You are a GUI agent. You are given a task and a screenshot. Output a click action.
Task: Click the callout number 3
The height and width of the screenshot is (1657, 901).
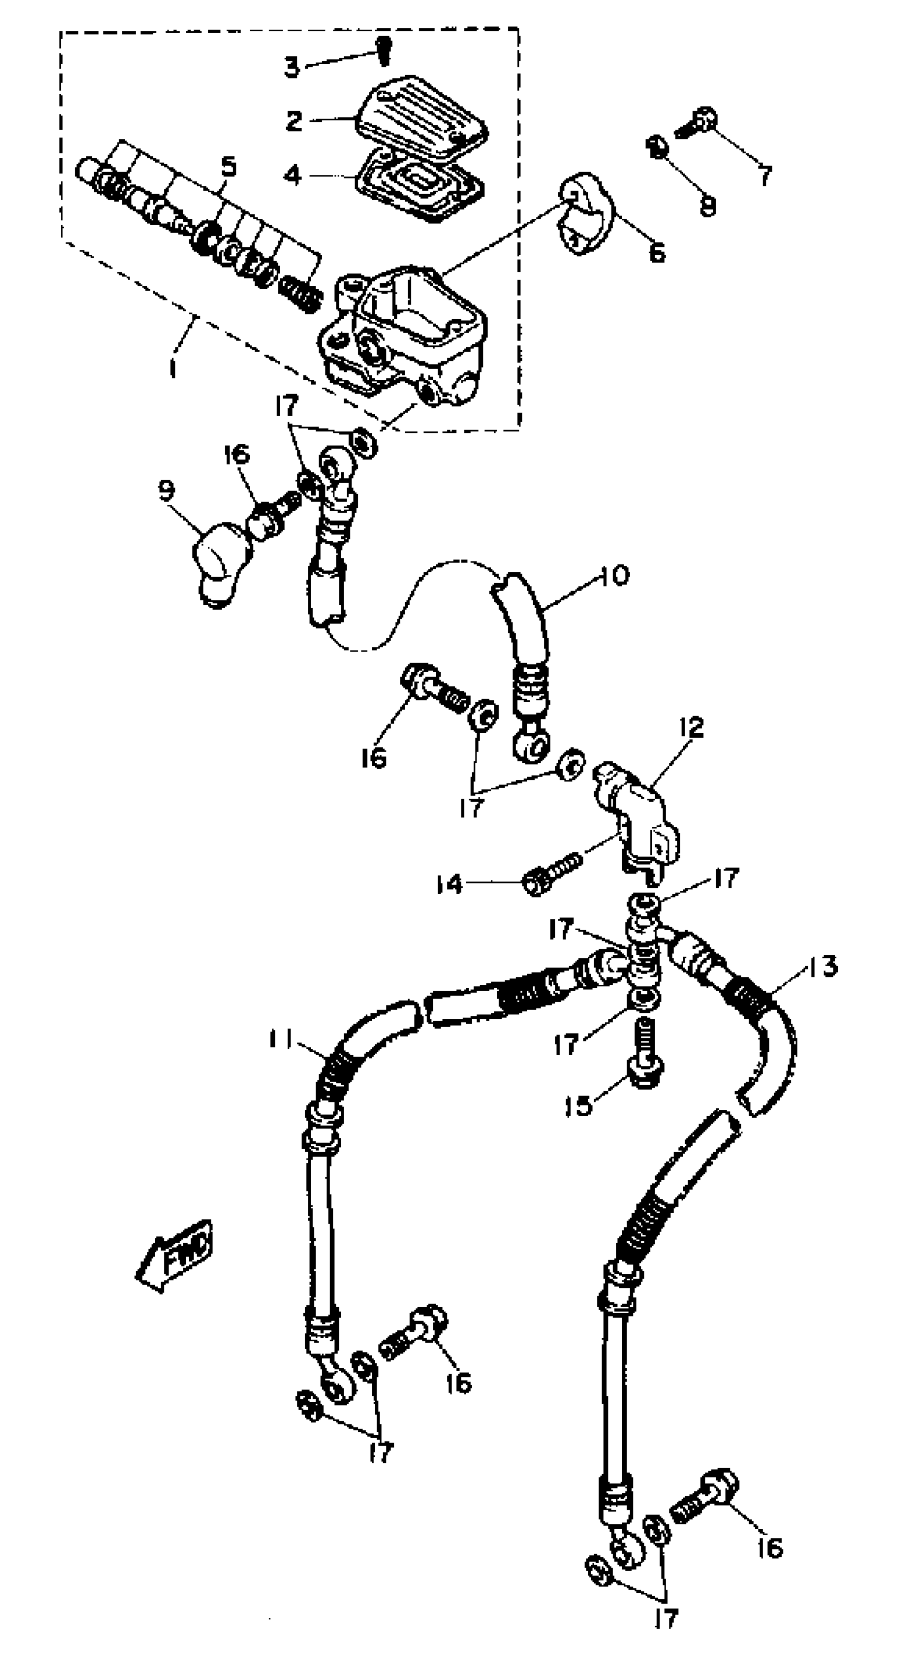tap(292, 66)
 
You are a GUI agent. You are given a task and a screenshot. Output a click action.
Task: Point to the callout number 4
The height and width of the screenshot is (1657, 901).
tap(293, 175)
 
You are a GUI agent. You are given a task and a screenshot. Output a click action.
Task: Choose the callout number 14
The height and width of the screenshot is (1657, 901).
tap(448, 885)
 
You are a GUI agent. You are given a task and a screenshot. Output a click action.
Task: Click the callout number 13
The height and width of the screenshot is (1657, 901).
tap(820, 966)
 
